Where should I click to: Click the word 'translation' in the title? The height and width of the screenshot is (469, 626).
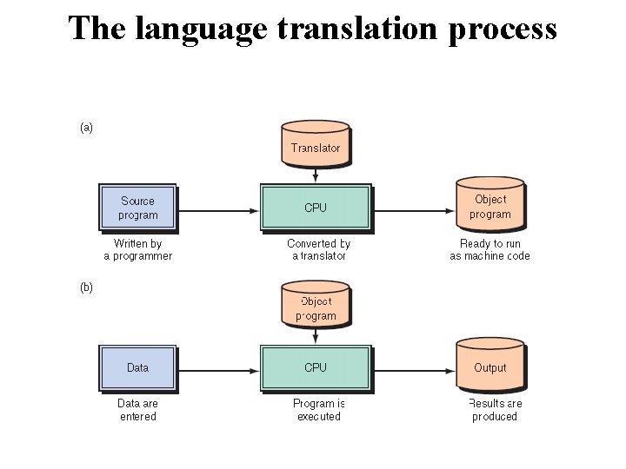(348, 28)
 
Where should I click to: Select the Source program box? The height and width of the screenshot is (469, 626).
(138, 208)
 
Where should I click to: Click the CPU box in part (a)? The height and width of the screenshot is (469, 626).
(316, 208)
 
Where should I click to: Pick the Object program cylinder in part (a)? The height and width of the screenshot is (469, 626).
(490, 206)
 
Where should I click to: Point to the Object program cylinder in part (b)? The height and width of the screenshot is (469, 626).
(316, 307)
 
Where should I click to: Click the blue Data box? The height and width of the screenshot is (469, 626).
(138, 367)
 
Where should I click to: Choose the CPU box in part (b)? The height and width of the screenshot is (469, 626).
(316, 367)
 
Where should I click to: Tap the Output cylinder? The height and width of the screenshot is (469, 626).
(490, 367)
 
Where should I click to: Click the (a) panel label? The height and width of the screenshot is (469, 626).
(86, 128)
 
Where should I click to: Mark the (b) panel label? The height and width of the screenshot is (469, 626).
(86, 288)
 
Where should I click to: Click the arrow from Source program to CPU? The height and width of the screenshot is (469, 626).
(218, 209)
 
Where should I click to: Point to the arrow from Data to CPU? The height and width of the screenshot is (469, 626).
(218, 369)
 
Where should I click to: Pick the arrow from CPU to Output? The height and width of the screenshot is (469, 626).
(414, 369)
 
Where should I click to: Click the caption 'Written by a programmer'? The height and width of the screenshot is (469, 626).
(138, 250)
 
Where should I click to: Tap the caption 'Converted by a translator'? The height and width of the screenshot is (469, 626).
(318, 250)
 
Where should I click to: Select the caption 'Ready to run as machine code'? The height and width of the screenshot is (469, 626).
(489, 250)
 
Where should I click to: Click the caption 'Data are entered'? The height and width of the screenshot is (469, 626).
(138, 410)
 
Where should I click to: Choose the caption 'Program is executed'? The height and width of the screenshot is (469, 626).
(318, 410)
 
